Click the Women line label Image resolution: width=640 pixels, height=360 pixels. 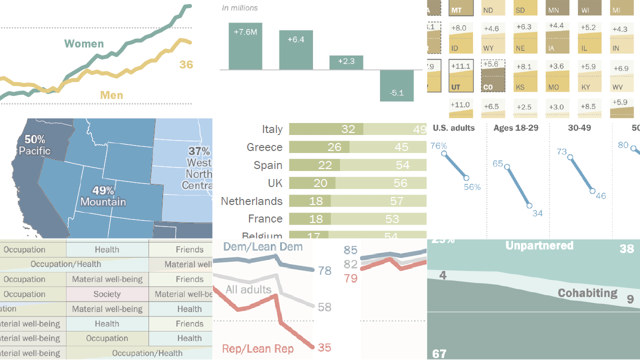[x=84, y=44]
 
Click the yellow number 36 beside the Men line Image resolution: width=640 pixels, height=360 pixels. [x=186, y=64]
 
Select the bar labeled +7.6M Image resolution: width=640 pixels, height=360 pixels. [x=245, y=46]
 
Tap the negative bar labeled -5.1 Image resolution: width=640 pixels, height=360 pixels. [x=396, y=85]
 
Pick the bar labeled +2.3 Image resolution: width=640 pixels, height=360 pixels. [x=346, y=62]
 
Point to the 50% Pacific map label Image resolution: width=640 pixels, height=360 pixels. [x=34, y=145]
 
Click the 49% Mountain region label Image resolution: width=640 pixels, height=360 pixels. [x=103, y=196]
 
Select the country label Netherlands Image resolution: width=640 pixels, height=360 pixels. [x=251, y=201]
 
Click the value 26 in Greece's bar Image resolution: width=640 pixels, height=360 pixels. [x=334, y=147]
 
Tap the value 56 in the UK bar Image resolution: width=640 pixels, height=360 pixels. [x=400, y=183]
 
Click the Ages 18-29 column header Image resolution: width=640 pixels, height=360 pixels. [x=515, y=128]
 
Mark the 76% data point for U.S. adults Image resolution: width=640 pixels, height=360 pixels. [x=443, y=154]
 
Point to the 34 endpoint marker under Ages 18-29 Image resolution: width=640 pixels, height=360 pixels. [x=529, y=205]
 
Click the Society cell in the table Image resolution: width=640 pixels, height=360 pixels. [x=107, y=294]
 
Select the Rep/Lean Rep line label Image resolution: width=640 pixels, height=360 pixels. [x=257, y=348]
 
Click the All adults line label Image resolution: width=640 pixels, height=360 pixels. [x=248, y=289]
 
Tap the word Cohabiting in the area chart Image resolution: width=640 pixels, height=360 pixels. [x=587, y=293]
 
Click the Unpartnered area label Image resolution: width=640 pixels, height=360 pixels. [x=539, y=245]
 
